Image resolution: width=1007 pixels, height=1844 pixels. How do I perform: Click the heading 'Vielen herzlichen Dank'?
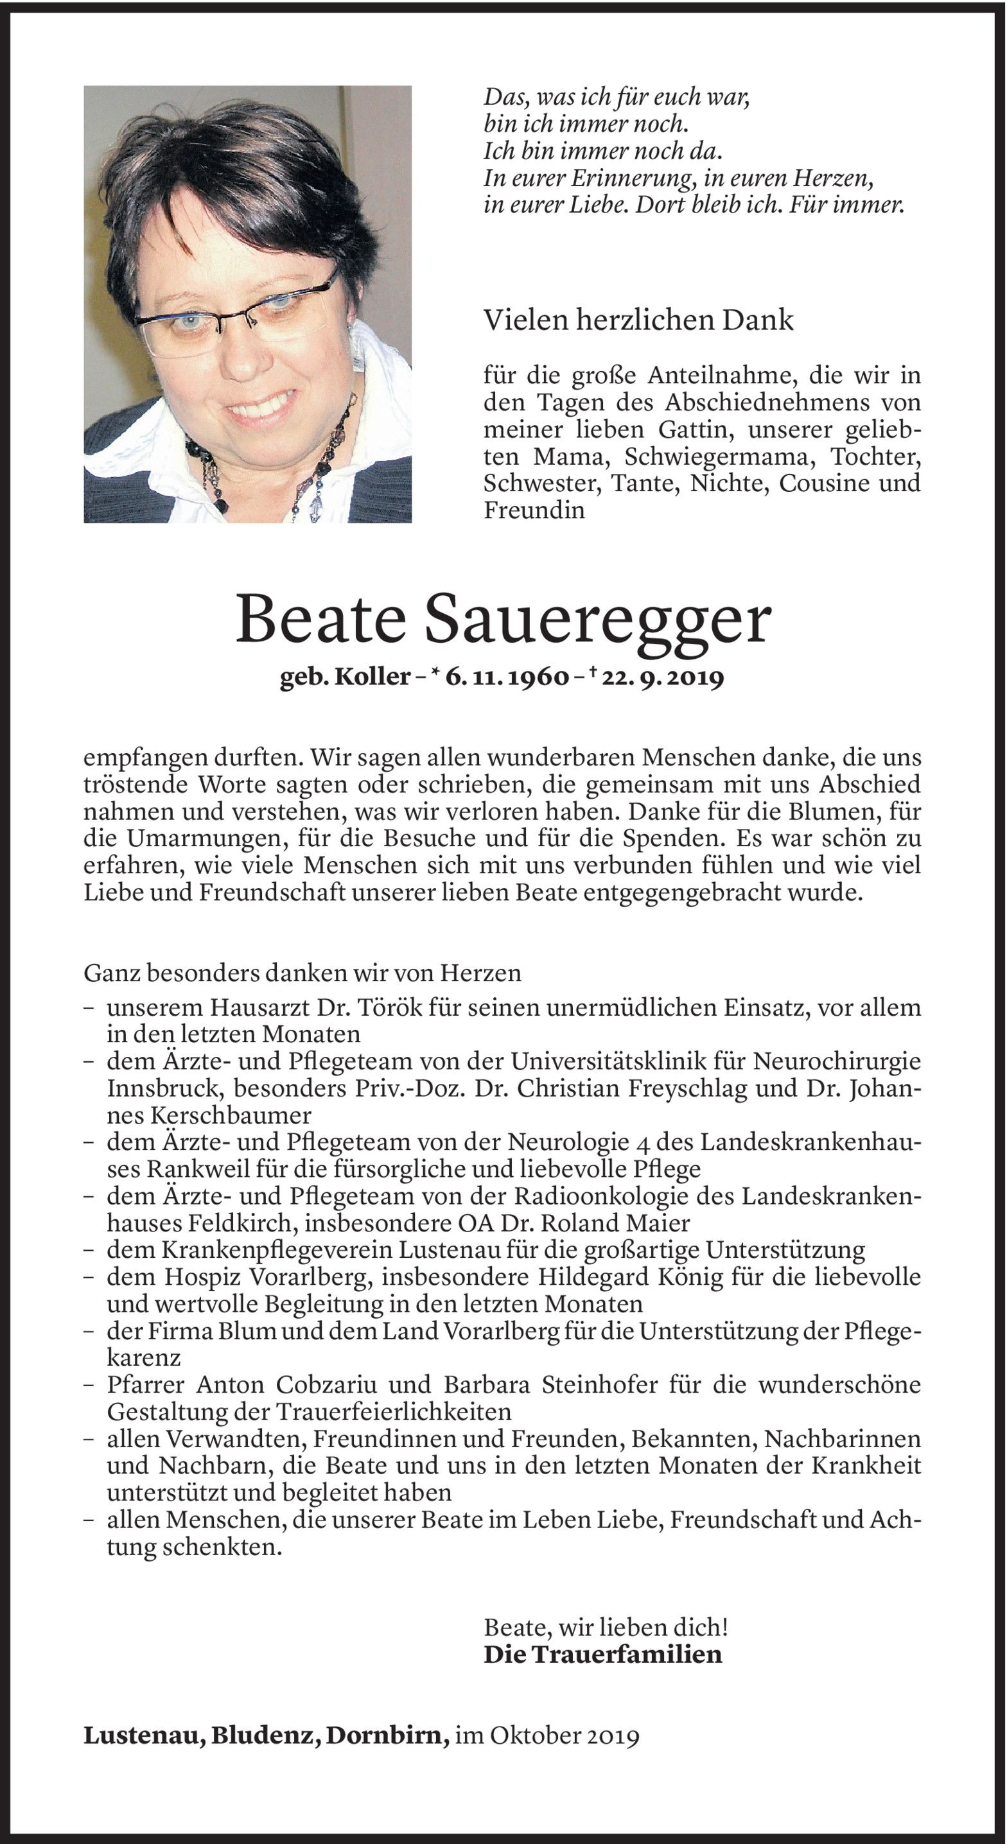(x=639, y=320)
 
